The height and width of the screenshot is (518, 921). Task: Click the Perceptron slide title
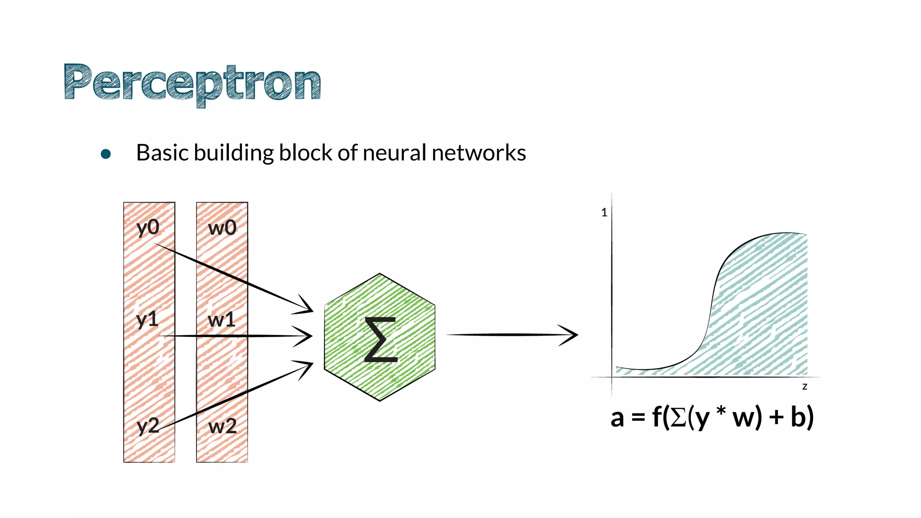click(x=192, y=84)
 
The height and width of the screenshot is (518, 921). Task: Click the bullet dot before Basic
click(x=106, y=154)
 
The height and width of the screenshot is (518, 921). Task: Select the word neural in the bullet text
click(x=394, y=153)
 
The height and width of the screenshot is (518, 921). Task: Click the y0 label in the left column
click(x=148, y=228)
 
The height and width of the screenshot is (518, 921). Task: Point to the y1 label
click(x=147, y=320)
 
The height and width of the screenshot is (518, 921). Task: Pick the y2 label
click(x=148, y=425)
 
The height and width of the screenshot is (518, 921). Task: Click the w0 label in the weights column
click(x=222, y=228)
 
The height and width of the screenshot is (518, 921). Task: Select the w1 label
click(x=222, y=320)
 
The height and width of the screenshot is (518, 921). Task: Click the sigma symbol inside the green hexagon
click(x=380, y=339)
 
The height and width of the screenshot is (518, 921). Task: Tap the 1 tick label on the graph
click(x=604, y=213)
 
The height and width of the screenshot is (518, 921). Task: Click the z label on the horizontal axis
click(x=805, y=387)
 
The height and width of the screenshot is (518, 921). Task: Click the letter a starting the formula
click(x=617, y=418)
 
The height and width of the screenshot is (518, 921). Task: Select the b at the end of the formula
click(x=799, y=417)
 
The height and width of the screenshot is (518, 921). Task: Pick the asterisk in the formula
click(x=721, y=411)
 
